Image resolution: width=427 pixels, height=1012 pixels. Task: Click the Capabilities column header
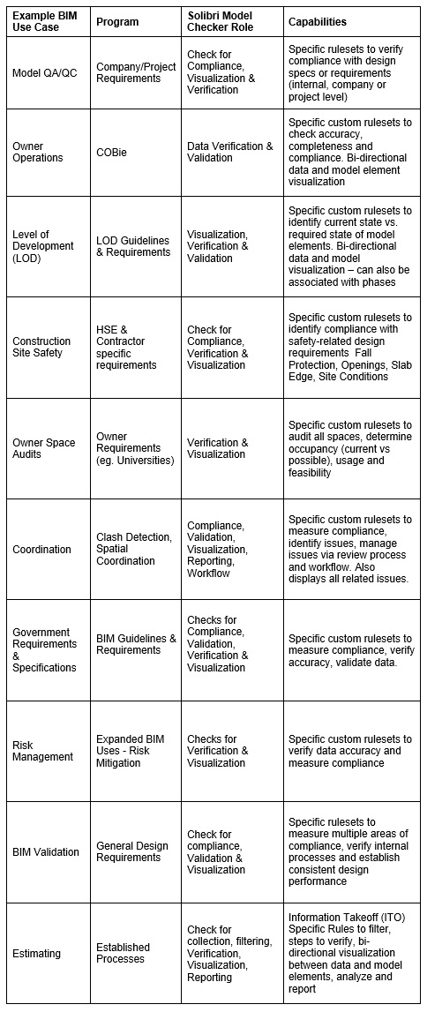[x=317, y=22]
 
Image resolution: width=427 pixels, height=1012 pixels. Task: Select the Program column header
[x=117, y=22]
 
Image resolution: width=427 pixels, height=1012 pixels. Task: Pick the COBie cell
[x=112, y=152]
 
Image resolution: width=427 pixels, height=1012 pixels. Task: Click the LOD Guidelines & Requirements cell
[x=133, y=246]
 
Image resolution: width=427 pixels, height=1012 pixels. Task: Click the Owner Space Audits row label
[x=44, y=448]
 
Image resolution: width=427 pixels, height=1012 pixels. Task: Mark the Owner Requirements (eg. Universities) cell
[x=135, y=448]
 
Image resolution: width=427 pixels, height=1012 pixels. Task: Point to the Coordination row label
[x=41, y=549]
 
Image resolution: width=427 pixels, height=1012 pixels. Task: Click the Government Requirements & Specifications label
[x=45, y=650]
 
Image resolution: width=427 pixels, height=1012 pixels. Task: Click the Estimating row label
[x=36, y=953]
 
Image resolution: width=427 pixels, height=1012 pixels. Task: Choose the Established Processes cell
[x=124, y=953]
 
